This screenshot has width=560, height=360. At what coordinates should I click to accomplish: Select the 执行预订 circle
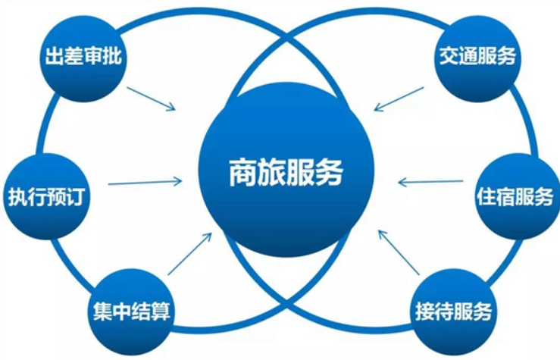coord(46,197)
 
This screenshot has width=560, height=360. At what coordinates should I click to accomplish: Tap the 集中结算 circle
coord(131,311)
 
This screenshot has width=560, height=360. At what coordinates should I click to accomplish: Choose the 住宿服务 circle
coord(517,197)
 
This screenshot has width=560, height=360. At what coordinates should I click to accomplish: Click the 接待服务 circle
coord(454,311)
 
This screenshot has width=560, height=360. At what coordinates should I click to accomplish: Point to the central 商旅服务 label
coord(286,173)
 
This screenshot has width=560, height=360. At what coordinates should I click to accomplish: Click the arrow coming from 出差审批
coord(152,99)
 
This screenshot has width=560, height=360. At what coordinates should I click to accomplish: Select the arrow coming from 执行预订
coord(145,183)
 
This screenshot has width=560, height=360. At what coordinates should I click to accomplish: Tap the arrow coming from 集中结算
coord(190,254)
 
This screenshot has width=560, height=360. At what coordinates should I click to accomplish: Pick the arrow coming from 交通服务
coord(399,99)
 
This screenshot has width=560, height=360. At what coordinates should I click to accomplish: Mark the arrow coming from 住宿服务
coord(430,182)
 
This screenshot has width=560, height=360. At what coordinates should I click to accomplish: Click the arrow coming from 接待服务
coord(399,252)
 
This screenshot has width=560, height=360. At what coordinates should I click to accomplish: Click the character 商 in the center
coord(243,173)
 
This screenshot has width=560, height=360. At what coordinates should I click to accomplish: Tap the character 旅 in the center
coord(271,173)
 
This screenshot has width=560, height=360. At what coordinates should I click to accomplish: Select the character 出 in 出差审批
coord(55,56)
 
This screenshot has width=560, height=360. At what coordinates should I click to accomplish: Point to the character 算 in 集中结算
coord(161,311)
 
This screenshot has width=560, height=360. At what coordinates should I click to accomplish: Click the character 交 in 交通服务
coord(449,56)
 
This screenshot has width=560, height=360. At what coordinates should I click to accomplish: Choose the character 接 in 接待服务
coord(425,311)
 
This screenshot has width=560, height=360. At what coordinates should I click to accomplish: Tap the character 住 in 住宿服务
coord(486,196)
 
